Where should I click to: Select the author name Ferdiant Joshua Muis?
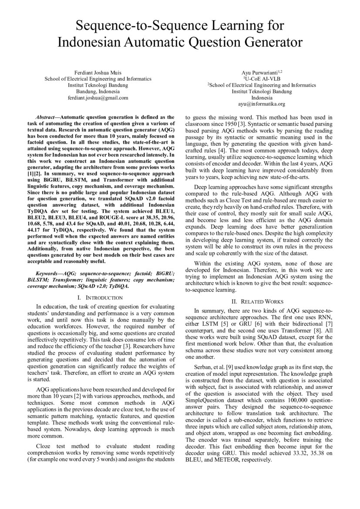pyautogui.click(x=98, y=72)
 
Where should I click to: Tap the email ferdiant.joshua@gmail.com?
pyautogui.click(x=98, y=98)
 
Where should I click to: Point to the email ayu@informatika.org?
pyautogui.click(x=262, y=104)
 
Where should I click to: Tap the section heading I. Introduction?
pyautogui.click(x=100, y=297)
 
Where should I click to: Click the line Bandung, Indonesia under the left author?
pyautogui.click(x=98, y=92)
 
